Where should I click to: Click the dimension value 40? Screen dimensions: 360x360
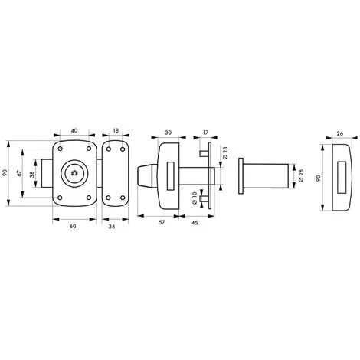pyautogui.click(x=74, y=131)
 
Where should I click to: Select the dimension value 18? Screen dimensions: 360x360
pyautogui.click(x=116, y=131)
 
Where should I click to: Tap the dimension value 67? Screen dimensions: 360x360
pyautogui.click(x=19, y=173)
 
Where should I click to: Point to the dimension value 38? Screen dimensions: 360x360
pyautogui.click(x=31, y=175)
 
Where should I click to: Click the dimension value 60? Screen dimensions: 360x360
pyautogui.click(x=73, y=226)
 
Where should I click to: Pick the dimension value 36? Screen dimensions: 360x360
pyautogui.click(x=112, y=226)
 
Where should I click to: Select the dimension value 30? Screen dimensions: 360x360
pyautogui.click(x=168, y=133)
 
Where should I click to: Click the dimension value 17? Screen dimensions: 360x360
pyautogui.click(x=205, y=133)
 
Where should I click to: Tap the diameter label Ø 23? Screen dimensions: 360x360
pyautogui.click(x=225, y=153)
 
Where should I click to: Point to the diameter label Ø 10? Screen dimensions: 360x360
pyautogui.click(x=195, y=198)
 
